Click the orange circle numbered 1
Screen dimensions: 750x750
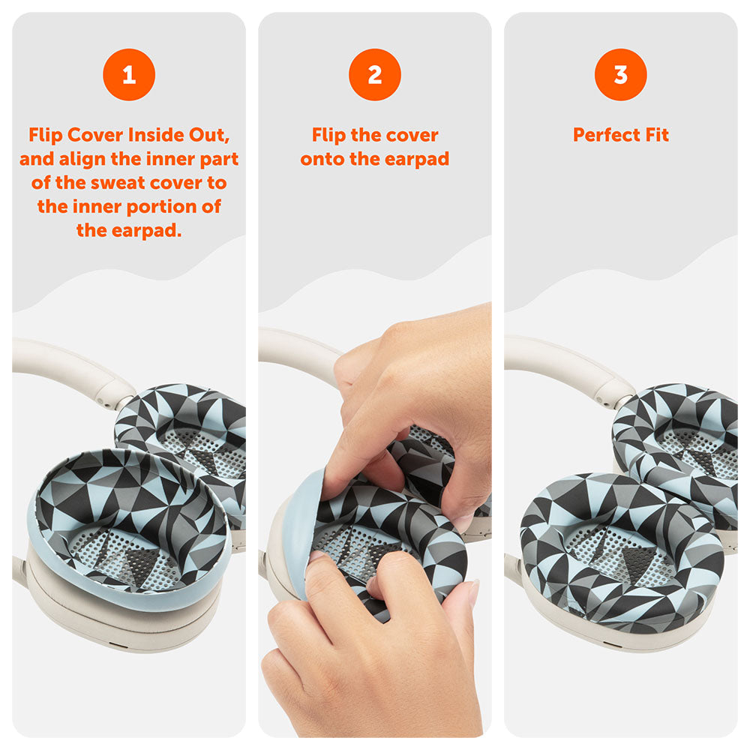[x=129, y=74]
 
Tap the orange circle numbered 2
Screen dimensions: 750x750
[x=375, y=74]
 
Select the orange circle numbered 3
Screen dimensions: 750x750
[x=621, y=74]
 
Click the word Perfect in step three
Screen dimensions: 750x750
[x=606, y=135]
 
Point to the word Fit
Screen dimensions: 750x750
[x=657, y=135]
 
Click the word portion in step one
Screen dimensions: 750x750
[x=162, y=207]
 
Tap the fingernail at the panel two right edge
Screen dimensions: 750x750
[x=473, y=592]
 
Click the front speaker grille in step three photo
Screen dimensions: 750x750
[x=621, y=553]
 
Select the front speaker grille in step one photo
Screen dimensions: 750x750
[x=125, y=555]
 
